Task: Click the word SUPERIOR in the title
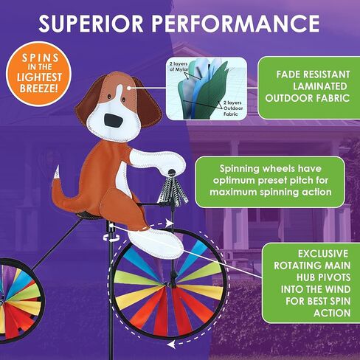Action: (91, 24)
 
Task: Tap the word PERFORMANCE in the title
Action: (235, 24)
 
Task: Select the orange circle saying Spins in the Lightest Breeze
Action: (39, 74)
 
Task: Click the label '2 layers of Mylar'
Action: (179, 66)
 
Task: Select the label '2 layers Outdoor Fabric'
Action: (232, 108)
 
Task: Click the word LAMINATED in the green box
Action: (319, 86)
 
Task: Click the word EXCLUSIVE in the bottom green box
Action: (323, 254)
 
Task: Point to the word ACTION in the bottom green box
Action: (332, 313)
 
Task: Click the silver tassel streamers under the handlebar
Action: (172, 189)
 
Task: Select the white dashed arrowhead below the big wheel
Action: (171, 344)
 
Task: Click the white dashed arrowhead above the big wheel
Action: (170, 224)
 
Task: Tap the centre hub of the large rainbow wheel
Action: (170, 285)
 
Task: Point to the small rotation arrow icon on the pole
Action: (111, 237)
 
